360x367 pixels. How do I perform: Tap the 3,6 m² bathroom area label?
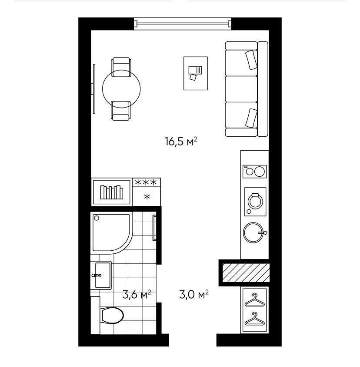pos(137,294)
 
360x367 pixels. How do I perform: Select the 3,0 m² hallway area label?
pos(194,294)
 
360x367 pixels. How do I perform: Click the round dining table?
pos(121,89)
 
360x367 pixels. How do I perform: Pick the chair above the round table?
pos(121,67)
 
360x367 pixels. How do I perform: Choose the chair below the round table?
pos(120,111)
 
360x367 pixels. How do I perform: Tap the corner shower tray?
pos(111,232)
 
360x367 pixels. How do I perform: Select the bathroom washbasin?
pos(101,275)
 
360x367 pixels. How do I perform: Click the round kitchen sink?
pos(254,232)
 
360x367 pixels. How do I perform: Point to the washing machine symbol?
pos(255,202)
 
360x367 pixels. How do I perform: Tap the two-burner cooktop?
pos(255,172)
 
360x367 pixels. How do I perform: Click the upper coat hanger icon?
pos(255,300)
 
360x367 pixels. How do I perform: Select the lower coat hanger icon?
pos(255,319)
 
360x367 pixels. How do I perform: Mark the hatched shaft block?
pos(246,273)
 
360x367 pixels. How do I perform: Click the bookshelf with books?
pos(112,192)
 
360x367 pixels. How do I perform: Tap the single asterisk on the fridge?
pos(147,197)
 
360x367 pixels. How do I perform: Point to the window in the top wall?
pos(183,24)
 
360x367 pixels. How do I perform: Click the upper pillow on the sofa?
pos(251,60)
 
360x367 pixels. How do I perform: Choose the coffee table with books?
pos(195,73)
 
